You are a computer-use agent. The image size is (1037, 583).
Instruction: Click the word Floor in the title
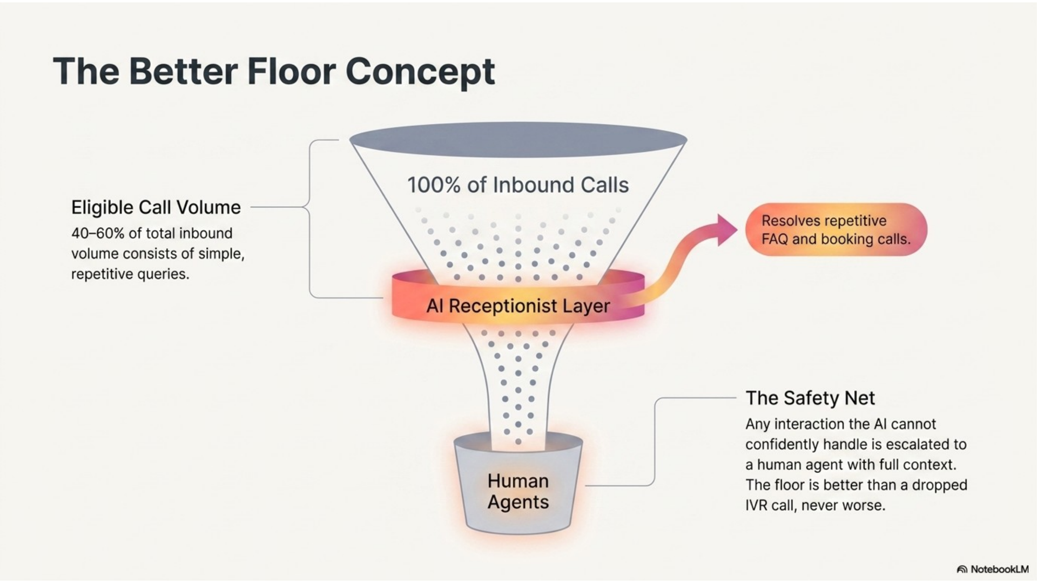point(291,71)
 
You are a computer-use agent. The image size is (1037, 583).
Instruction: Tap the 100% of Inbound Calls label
point(518,185)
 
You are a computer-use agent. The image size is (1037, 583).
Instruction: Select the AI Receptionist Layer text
point(518,306)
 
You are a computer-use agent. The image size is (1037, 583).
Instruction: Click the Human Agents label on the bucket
point(518,491)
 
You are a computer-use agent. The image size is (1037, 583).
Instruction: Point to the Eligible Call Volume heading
point(156,207)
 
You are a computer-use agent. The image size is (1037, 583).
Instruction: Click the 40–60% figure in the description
point(98,233)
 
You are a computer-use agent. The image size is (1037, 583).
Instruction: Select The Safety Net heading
point(810,398)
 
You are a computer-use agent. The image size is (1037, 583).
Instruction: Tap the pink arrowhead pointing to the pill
point(726,229)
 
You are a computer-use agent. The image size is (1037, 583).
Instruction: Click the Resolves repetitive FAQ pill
point(836,229)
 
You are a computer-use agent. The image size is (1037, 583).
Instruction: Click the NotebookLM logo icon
point(962,570)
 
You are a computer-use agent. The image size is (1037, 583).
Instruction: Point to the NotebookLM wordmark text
point(1000,570)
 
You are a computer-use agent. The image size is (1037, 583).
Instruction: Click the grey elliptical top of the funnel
point(518,140)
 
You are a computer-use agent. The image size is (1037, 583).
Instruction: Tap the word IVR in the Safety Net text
point(756,506)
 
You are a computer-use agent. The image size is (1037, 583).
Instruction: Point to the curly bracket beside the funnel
point(310,219)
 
